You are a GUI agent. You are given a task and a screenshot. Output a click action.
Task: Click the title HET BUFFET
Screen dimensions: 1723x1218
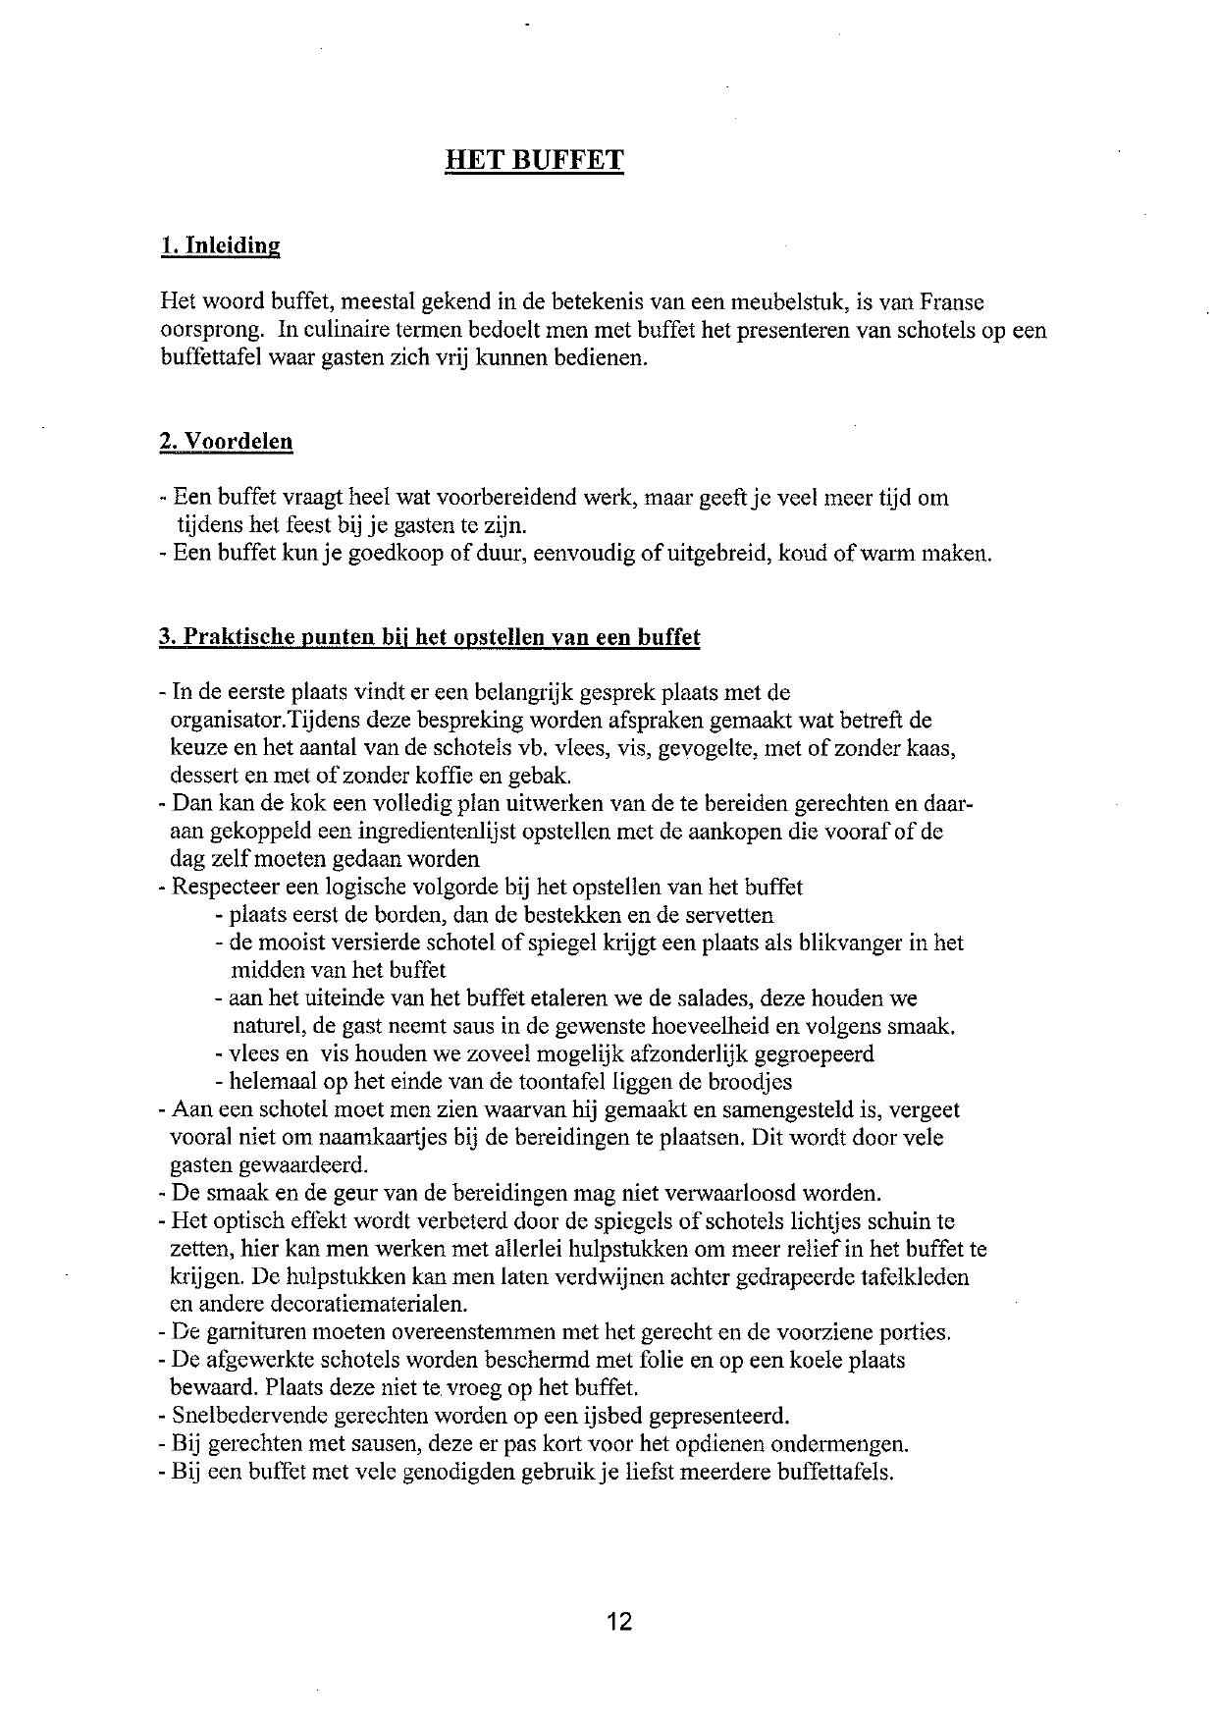(x=534, y=160)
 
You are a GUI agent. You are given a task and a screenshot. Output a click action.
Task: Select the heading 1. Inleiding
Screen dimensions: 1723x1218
(x=220, y=245)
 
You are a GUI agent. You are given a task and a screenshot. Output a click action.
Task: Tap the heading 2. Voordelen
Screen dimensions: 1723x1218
(x=226, y=441)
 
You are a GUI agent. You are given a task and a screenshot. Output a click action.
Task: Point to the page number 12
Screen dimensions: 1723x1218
(x=618, y=1620)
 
